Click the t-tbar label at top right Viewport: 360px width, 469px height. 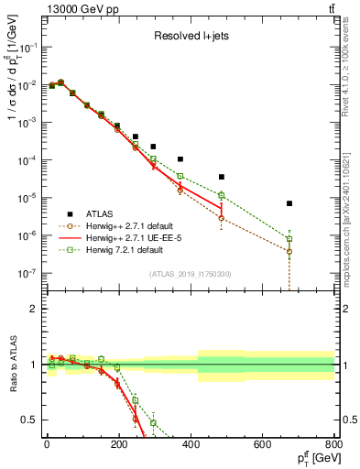point(328,9)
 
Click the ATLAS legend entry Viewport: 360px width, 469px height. point(107,212)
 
